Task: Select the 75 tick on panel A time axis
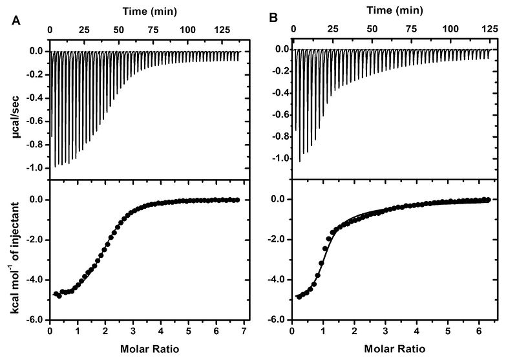(153, 30)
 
